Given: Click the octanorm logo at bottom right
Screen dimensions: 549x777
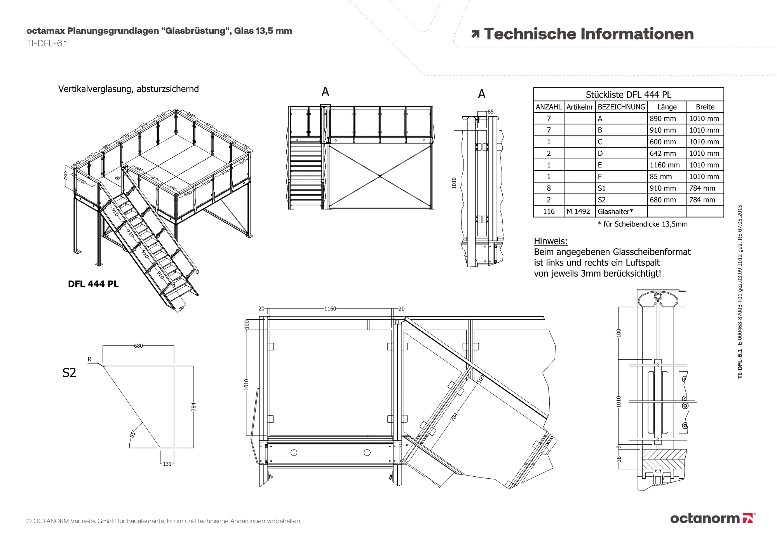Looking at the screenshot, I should (x=713, y=518).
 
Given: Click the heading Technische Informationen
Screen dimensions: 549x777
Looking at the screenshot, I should (x=588, y=34).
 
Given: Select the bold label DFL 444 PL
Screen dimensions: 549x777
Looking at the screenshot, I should (x=93, y=284).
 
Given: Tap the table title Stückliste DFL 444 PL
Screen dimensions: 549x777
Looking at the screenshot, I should (x=628, y=94).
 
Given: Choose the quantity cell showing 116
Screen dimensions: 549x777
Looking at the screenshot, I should (x=549, y=211).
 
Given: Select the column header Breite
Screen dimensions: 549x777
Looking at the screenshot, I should (x=705, y=107).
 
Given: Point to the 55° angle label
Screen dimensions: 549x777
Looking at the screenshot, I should (x=132, y=434).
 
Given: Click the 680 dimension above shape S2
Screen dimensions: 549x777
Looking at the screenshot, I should (x=138, y=346).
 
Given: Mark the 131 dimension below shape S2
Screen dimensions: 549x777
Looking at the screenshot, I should (x=167, y=464).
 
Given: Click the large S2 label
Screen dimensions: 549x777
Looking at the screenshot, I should (x=69, y=373).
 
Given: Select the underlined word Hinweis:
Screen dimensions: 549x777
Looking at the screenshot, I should (x=551, y=241).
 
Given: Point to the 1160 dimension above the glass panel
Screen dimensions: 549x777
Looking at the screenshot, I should (x=330, y=309).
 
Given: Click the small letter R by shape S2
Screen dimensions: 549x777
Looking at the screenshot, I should (x=89, y=359).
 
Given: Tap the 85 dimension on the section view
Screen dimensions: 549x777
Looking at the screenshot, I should (x=491, y=112).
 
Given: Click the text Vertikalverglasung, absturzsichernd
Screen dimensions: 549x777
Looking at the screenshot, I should (x=128, y=89).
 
